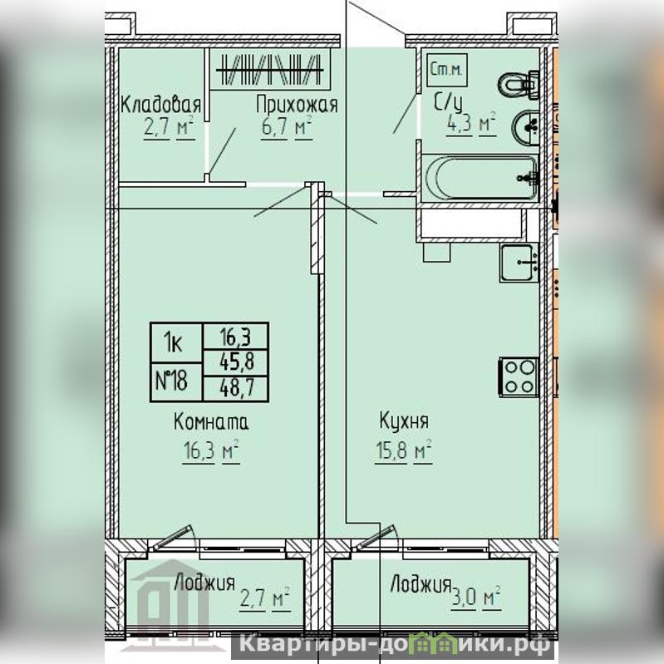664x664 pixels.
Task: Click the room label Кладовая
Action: click(x=161, y=105)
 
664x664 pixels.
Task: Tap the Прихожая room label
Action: click(x=297, y=105)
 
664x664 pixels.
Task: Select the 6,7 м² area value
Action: click(x=287, y=127)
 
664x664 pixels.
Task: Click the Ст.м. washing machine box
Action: click(x=447, y=70)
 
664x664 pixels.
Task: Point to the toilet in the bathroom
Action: click(x=519, y=86)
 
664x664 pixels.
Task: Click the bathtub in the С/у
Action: click(x=480, y=178)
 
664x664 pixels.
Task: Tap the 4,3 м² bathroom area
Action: click(x=471, y=124)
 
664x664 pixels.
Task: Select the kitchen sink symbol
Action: click(x=519, y=263)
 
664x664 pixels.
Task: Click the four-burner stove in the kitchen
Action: click(x=519, y=377)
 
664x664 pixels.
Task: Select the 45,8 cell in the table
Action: click(x=236, y=362)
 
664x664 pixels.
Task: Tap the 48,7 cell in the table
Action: click(x=236, y=388)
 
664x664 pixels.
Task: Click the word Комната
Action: click(x=211, y=422)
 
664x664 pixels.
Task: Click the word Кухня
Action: click(x=404, y=421)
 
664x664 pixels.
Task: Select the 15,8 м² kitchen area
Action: click(x=403, y=450)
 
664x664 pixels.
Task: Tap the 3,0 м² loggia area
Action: click(x=475, y=598)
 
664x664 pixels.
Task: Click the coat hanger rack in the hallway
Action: click(x=269, y=70)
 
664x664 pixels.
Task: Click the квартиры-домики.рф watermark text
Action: click(x=395, y=645)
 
